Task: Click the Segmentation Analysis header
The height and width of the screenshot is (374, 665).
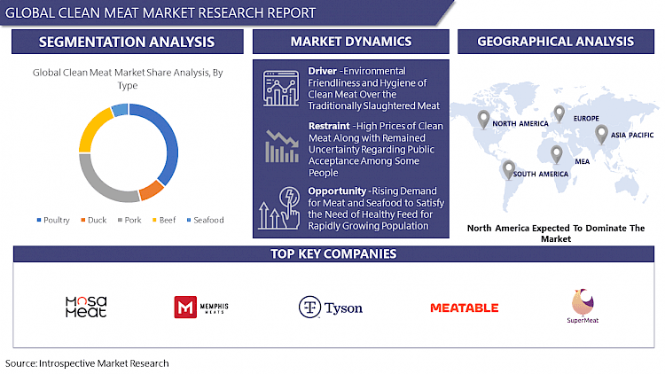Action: pyautogui.click(x=127, y=42)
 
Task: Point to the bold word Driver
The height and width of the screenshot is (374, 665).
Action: pyautogui.click(x=323, y=70)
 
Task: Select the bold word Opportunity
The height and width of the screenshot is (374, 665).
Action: pyautogui.click(x=334, y=191)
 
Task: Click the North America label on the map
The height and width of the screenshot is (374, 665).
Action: pyautogui.click(x=521, y=124)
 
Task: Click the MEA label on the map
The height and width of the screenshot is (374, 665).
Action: pyautogui.click(x=558, y=162)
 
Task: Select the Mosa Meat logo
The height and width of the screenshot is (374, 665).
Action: pyautogui.click(x=86, y=308)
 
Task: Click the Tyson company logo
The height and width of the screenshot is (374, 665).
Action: pyautogui.click(x=330, y=308)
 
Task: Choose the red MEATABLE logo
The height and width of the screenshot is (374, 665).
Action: pyautogui.click(x=464, y=308)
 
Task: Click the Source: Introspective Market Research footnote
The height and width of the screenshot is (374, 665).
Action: pyautogui.click(x=87, y=363)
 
